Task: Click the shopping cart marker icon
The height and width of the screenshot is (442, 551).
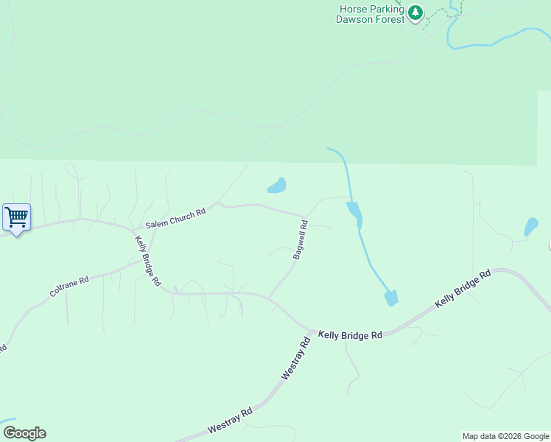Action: tap(16, 217)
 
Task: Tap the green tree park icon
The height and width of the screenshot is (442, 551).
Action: tap(415, 13)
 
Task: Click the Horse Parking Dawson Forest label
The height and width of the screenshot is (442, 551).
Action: tap(371, 14)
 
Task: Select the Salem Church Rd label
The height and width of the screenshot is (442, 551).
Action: tap(175, 217)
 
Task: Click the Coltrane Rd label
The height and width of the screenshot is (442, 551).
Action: tap(69, 287)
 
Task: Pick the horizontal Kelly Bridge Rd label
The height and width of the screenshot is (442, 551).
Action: tap(351, 334)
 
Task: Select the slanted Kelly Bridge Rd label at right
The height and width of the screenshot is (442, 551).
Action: tap(463, 289)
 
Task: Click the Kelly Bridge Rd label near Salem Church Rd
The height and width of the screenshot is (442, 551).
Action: tap(147, 260)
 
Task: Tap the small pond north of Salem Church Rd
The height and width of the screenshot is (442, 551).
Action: tap(277, 186)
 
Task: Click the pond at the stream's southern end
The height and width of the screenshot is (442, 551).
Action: tap(391, 298)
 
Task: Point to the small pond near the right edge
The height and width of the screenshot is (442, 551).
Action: tap(530, 227)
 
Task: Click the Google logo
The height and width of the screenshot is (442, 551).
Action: tap(24, 433)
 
